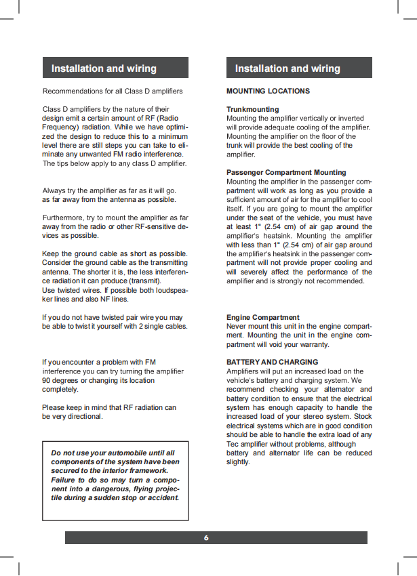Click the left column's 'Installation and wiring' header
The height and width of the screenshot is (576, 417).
(x=104, y=68)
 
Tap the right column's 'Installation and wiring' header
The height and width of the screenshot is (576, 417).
(x=287, y=68)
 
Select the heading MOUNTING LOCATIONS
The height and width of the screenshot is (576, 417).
(x=268, y=91)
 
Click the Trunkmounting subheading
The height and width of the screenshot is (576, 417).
(x=252, y=109)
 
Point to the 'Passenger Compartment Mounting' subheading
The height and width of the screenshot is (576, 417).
(x=286, y=172)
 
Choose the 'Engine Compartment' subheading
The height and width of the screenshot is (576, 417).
(x=262, y=317)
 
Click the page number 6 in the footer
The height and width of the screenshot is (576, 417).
(x=206, y=537)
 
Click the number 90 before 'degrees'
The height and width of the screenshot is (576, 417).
(x=47, y=380)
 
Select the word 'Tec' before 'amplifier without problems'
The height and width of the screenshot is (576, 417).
(x=233, y=444)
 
